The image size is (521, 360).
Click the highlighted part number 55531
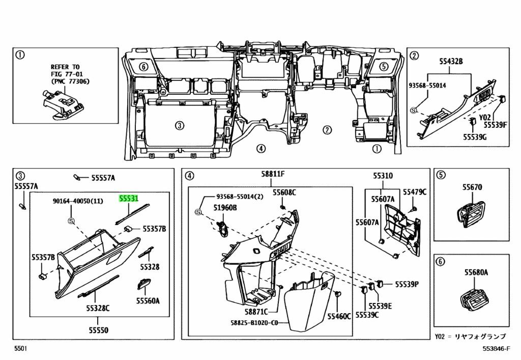(x=129, y=199)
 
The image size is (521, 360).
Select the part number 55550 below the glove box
(x=98, y=330)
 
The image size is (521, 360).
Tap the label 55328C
(x=98, y=308)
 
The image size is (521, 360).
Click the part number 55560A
(x=148, y=301)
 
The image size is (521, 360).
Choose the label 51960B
(x=225, y=208)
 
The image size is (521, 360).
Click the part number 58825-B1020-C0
(x=254, y=322)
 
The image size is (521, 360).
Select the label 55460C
(x=339, y=316)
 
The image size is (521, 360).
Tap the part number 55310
(x=383, y=176)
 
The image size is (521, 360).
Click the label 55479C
(x=415, y=192)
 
